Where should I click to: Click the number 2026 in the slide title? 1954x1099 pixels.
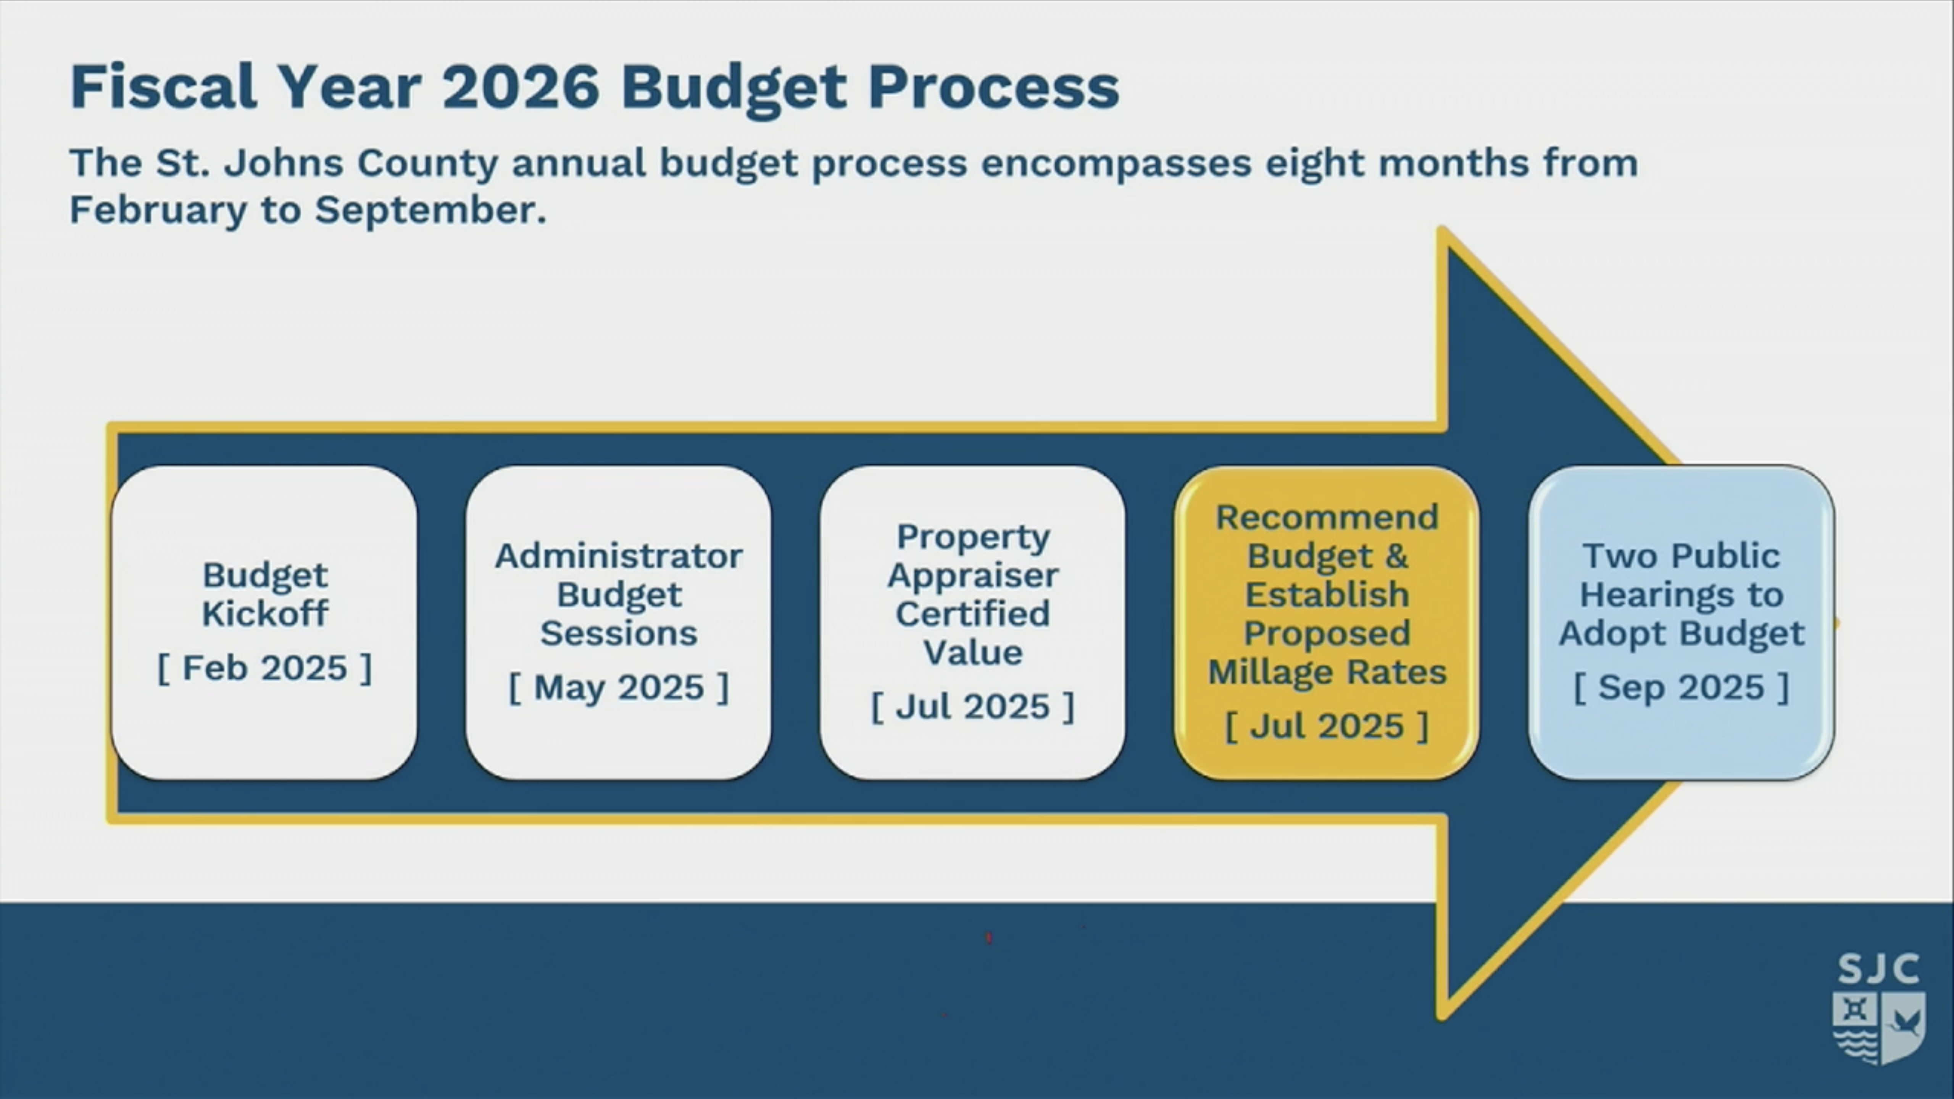point(521,87)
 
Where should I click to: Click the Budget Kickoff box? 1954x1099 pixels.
point(264,623)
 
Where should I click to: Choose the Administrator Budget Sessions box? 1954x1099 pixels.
point(618,623)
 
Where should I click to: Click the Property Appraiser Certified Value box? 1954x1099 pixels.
point(972,623)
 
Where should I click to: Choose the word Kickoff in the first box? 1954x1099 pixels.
point(265,613)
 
